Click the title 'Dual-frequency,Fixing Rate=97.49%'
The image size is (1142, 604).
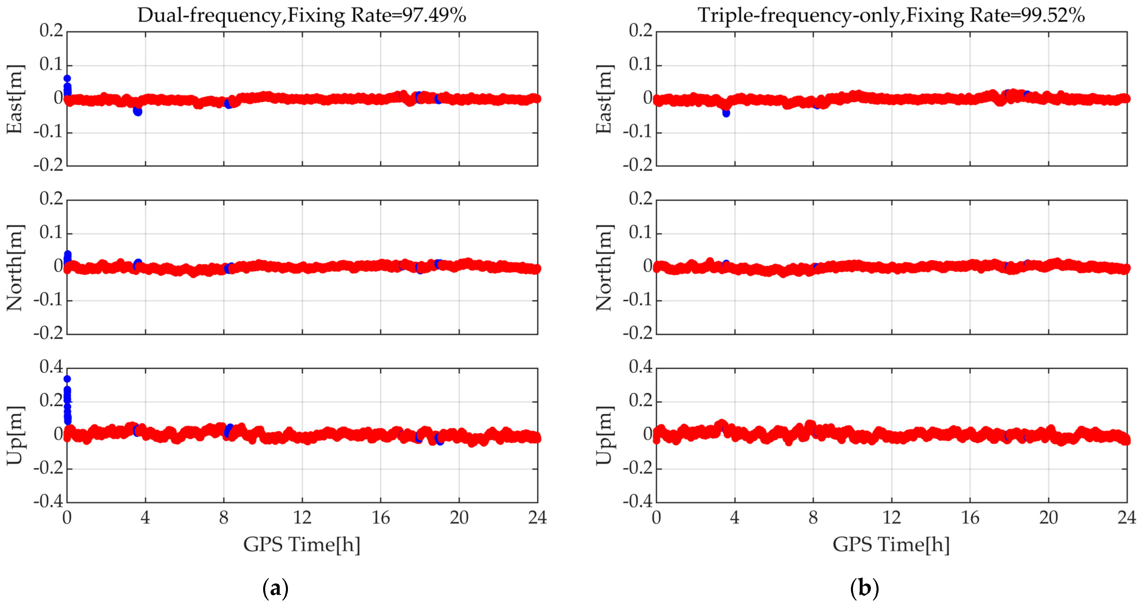302,16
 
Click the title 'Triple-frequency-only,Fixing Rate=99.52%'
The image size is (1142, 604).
891,16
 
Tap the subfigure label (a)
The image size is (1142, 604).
275,588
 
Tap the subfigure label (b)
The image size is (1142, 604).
865,588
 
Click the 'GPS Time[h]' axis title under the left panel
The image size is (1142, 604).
302,544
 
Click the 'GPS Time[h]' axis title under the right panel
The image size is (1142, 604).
891,544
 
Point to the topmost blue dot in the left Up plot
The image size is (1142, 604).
67,379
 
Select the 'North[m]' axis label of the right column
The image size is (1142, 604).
604,267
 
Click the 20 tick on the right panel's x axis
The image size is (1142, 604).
1048,517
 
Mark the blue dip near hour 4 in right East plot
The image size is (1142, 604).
726,113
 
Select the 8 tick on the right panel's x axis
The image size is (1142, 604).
813,517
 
